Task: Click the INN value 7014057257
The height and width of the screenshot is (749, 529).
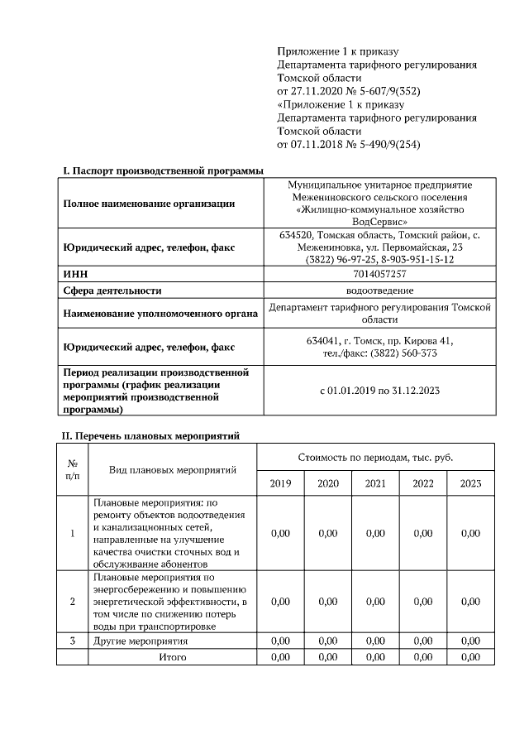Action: (x=379, y=274)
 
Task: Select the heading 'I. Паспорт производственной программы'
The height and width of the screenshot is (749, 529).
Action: (x=163, y=170)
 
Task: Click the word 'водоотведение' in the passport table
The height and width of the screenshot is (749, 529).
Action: (x=379, y=290)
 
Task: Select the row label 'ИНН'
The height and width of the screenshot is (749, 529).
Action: (x=74, y=274)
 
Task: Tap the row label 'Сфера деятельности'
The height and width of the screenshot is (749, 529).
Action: (x=112, y=290)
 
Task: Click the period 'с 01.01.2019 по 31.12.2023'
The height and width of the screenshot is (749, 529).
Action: (x=379, y=390)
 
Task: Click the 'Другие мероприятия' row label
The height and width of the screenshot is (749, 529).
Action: (x=141, y=641)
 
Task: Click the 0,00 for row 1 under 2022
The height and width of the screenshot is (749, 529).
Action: (x=422, y=534)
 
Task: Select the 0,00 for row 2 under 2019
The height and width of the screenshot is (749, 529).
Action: (x=280, y=602)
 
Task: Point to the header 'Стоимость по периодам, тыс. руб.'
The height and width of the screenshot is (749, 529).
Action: (x=375, y=458)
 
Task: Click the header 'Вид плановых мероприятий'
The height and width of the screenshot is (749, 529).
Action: (x=172, y=470)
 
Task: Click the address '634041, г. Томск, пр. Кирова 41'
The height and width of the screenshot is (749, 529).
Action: (x=379, y=341)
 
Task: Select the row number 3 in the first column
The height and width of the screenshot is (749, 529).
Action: (x=72, y=641)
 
